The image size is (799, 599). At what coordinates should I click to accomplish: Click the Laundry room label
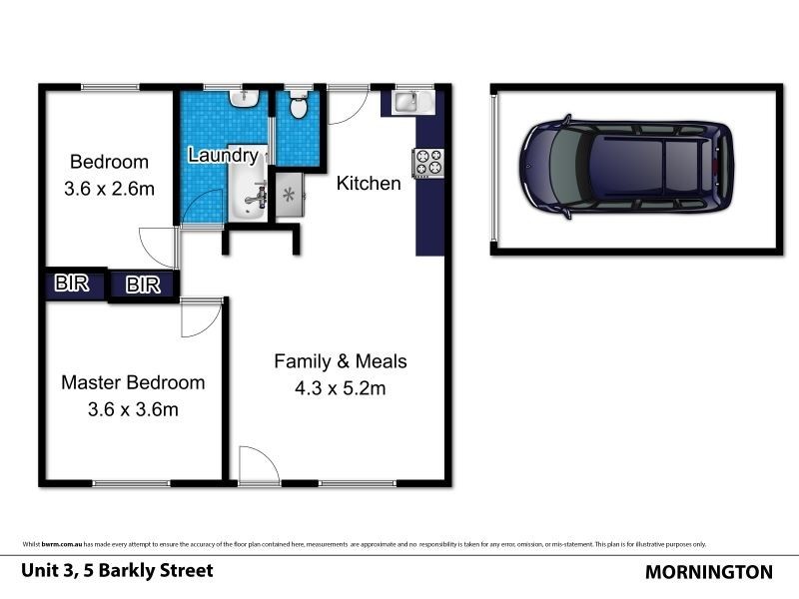[x=223, y=156]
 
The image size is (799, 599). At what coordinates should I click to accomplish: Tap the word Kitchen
[x=369, y=183]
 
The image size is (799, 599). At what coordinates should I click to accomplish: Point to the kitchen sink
[x=408, y=100]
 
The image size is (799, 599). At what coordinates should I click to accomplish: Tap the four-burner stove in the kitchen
[x=428, y=162]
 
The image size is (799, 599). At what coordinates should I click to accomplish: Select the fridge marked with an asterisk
[x=288, y=194]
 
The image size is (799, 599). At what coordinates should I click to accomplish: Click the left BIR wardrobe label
[x=72, y=283]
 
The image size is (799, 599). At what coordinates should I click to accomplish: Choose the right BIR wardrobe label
[x=143, y=286]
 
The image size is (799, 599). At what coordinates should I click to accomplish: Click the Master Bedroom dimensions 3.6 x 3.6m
[x=133, y=409]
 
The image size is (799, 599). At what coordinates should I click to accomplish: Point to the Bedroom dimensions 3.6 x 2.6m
[x=108, y=188]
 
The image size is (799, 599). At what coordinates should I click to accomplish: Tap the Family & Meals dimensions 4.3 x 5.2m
[x=340, y=388]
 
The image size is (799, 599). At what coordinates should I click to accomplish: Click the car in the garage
[x=625, y=167]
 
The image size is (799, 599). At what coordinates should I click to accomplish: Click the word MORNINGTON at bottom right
[x=709, y=572]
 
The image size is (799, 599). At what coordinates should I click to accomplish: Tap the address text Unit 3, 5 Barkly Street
[x=117, y=571]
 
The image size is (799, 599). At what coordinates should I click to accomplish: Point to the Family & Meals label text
[x=341, y=361]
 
